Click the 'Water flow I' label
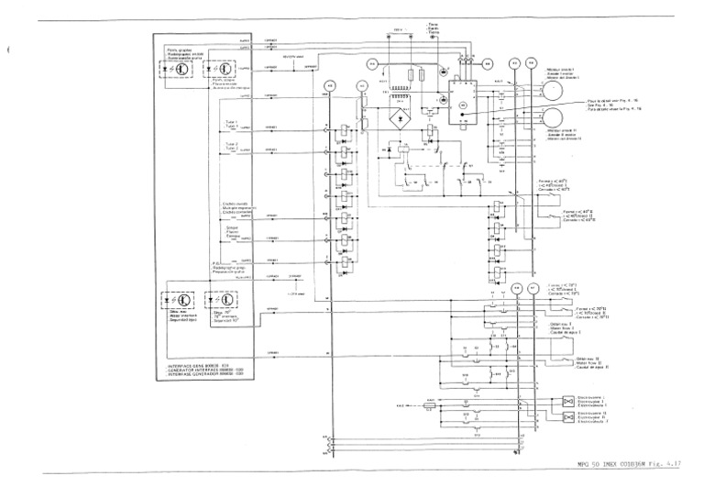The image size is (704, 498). (561, 327)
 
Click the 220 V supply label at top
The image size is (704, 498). (398, 30)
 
